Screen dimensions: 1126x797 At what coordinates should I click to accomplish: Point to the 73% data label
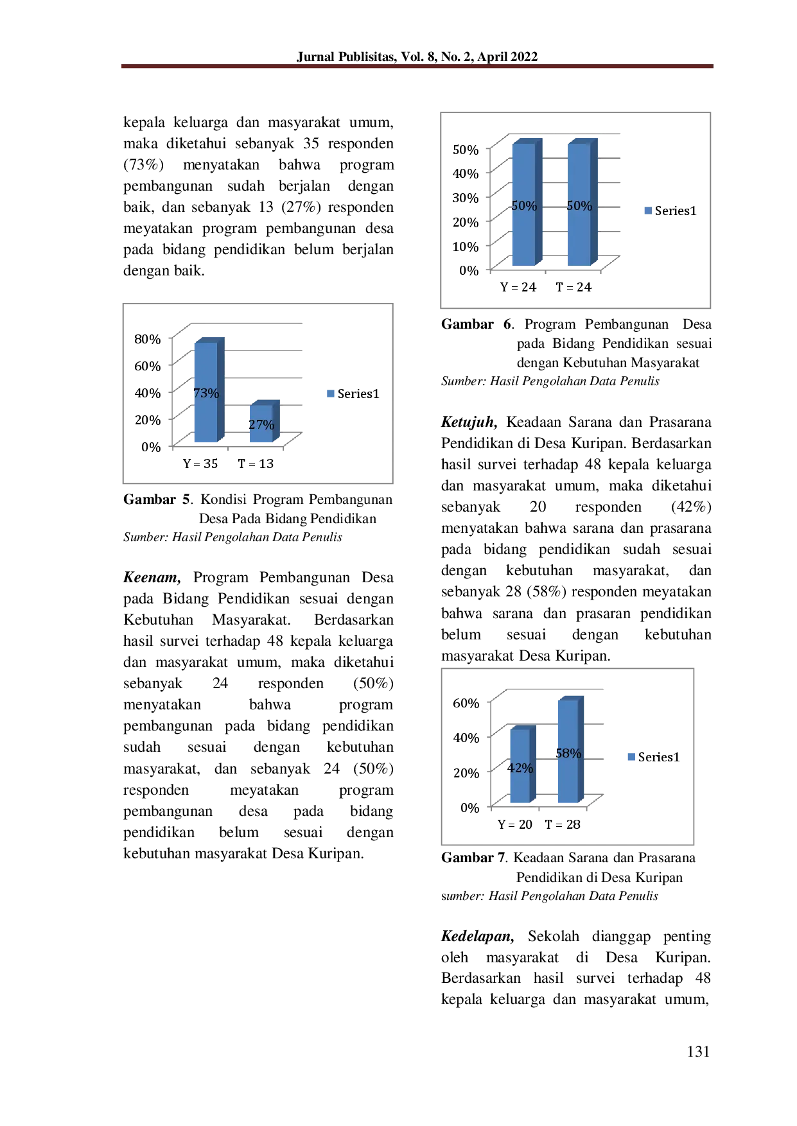pos(206,394)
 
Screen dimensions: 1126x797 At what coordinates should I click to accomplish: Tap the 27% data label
pos(261,425)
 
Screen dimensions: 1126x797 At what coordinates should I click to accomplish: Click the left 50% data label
pos(523,206)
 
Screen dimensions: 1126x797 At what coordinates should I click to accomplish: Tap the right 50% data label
pos(579,206)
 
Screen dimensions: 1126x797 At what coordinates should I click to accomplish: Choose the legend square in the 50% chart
pos(647,211)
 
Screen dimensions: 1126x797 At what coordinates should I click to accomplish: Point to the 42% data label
pos(520,768)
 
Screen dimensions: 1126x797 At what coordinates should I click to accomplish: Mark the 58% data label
pos(568,754)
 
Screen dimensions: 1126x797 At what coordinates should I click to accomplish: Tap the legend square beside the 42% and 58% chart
pos(632,758)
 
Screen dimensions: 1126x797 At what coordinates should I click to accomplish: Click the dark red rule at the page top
pos(416,66)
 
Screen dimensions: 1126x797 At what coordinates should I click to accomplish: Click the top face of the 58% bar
pos(572,697)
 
